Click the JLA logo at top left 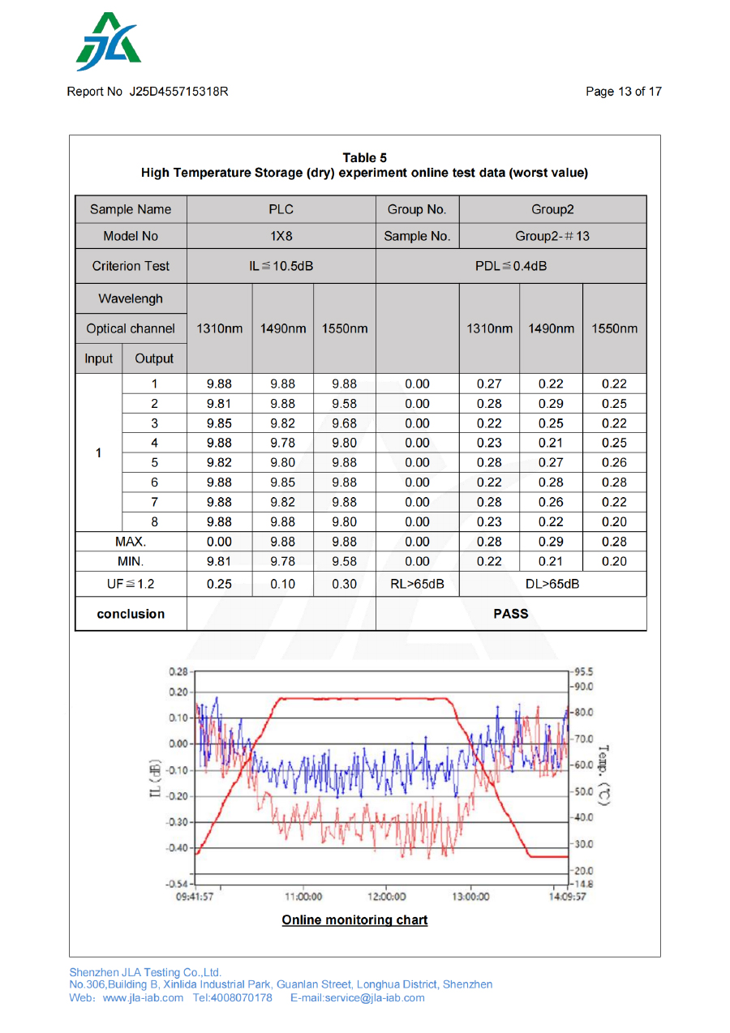click(x=108, y=42)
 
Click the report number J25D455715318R click(x=178, y=92)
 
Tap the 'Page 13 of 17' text click(x=623, y=92)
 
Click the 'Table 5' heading click(x=364, y=158)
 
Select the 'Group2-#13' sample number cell click(x=552, y=237)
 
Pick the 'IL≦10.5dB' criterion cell click(x=281, y=266)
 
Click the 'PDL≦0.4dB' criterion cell click(x=511, y=266)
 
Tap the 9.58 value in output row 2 click(x=345, y=404)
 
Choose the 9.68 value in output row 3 click(x=345, y=423)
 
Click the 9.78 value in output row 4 click(x=282, y=443)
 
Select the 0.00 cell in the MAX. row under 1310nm click(x=219, y=542)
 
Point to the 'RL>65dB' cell click(x=417, y=584)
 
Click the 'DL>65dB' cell click(x=552, y=584)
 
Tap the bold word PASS click(x=511, y=614)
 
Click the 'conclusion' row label click(x=131, y=614)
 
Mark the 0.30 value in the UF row click(x=345, y=584)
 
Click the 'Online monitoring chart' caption click(x=354, y=920)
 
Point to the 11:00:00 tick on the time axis click(x=303, y=897)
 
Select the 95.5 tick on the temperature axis click(x=583, y=672)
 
